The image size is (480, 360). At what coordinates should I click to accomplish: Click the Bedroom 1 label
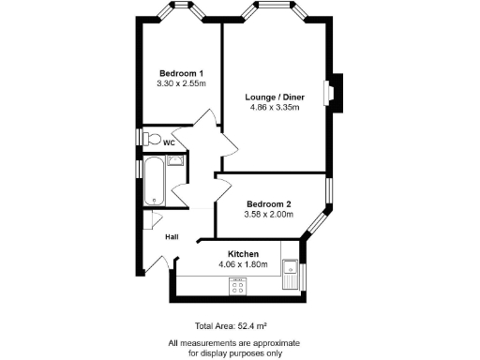click(x=181, y=73)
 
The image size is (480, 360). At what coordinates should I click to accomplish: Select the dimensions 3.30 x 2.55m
click(x=181, y=83)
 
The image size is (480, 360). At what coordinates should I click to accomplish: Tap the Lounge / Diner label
click(x=274, y=97)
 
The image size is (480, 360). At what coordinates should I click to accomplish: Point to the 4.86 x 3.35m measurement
click(x=274, y=107)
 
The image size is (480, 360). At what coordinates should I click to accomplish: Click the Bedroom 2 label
click(x=269, y=203)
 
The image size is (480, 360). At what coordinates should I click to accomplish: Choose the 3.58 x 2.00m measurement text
click(x=269, y=214)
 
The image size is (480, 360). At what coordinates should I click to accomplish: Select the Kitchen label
click(x=244, y=253)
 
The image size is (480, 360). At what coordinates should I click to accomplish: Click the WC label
click(x=170, y=142)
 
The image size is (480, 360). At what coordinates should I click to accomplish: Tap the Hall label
click(x=172, y=236)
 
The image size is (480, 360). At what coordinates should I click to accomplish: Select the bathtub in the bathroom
click(x=152, y=181)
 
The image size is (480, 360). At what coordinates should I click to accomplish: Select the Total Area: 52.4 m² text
click(x=229, y=325)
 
